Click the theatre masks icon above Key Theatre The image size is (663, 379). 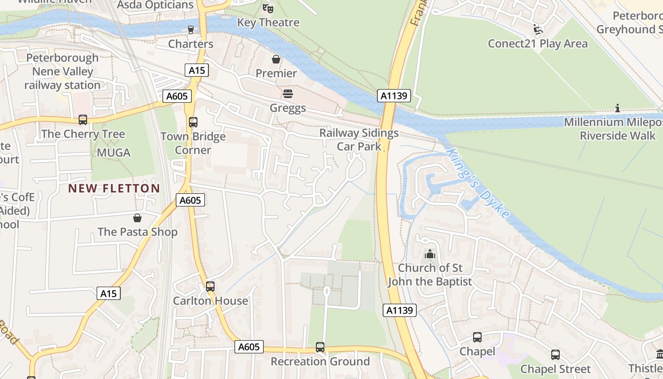click(x=268, y=8)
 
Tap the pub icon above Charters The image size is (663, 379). click(x=191, y=29)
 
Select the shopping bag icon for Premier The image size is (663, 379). click(x=276, y=59)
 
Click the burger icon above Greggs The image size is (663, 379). click(x=287, y=94)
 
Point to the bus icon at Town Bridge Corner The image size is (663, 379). click(x=193, y=122)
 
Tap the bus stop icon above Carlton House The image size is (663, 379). click(x=210, y=287)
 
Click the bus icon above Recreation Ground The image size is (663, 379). click(x=320, y=347)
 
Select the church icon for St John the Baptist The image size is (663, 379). click(x=430, y=254)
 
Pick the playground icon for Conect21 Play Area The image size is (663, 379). click(x=538, y=30)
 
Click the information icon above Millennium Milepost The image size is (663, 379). click(x=617, y=108)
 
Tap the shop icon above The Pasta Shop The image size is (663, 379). click(x=137, y=218)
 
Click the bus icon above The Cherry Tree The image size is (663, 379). click(x=83, y=120)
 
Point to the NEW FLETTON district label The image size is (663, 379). click(x=114, y=188)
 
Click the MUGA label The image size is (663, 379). click(x=113, y=153)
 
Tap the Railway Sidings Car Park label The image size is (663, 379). click(x=359, y=140)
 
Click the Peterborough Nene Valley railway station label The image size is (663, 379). click(x=63, y=72)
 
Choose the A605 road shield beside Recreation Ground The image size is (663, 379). click(x=249, y=347)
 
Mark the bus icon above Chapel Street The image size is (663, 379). click(x=555, y=355)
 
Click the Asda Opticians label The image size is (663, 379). click(x=155, y=5)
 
